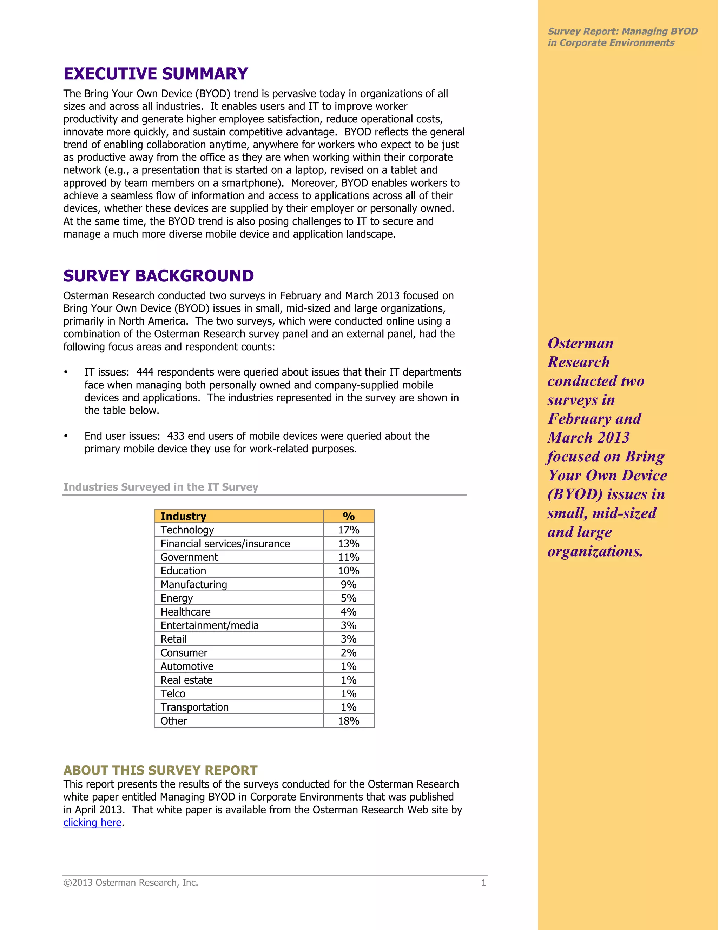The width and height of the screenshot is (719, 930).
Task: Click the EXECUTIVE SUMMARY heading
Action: tap(156, 74)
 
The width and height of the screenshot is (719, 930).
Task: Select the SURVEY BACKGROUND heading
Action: tap(158, 276)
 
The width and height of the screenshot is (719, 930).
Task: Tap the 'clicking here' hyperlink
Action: tap(92, 822)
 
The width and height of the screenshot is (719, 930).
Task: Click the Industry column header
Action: tap(183, 516)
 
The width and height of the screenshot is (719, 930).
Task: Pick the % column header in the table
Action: tap(348, 516)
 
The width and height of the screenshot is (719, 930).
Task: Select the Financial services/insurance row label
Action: tap(225, 544)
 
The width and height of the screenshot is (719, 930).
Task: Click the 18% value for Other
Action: tap(348, 721)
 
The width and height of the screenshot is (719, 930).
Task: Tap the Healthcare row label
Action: tap(185, 612)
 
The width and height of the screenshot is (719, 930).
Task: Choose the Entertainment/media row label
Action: tap(210, 625)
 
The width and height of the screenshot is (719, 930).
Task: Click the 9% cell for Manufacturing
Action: tap(348, 585)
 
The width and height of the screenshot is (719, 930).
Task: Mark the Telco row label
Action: tap(173, 694)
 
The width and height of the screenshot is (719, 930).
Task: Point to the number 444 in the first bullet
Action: tap(145, 372)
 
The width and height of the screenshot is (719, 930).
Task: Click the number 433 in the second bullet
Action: tap(176, 436)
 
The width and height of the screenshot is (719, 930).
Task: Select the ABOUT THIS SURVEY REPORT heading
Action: tap(160, 770)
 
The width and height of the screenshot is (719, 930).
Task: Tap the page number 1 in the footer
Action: tap(483, 883)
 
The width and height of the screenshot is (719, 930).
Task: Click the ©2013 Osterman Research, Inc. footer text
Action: tap(131, 883)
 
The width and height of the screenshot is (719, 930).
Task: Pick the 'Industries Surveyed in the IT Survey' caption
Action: tap(160, 487)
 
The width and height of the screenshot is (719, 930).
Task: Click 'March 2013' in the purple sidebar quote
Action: tap(589, 437)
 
